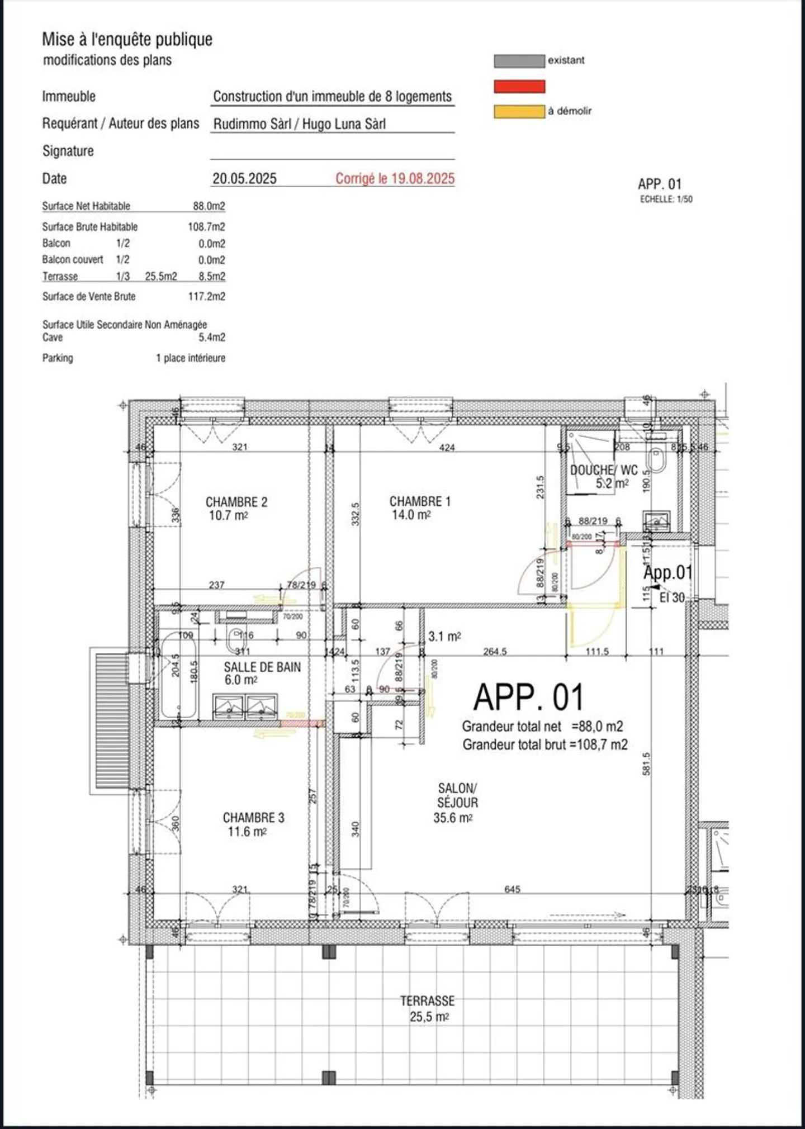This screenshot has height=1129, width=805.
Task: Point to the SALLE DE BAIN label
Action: (262, 667)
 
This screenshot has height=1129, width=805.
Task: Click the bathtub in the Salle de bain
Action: (178, 675)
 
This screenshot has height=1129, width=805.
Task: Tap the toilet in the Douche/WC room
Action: (655, 459)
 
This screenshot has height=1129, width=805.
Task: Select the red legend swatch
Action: (519, 86)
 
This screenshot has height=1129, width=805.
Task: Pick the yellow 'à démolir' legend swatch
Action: (519, 111)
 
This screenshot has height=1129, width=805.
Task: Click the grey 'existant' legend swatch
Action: (519, 61)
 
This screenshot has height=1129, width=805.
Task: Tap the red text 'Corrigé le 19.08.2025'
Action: (395, 178)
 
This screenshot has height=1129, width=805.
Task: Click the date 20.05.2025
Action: (244, 178)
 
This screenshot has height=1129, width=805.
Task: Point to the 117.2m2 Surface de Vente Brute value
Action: (206, 296)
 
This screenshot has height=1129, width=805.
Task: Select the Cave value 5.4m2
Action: (212, 337)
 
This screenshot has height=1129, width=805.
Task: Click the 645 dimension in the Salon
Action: (512, 889)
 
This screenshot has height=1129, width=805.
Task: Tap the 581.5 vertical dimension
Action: (646, 763)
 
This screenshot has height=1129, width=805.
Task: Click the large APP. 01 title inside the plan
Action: (528, 697)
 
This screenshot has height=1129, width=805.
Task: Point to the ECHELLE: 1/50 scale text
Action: (666, 200)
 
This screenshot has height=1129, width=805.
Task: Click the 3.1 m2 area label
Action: (444, 636)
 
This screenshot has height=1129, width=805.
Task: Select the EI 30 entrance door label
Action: (671, 597)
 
